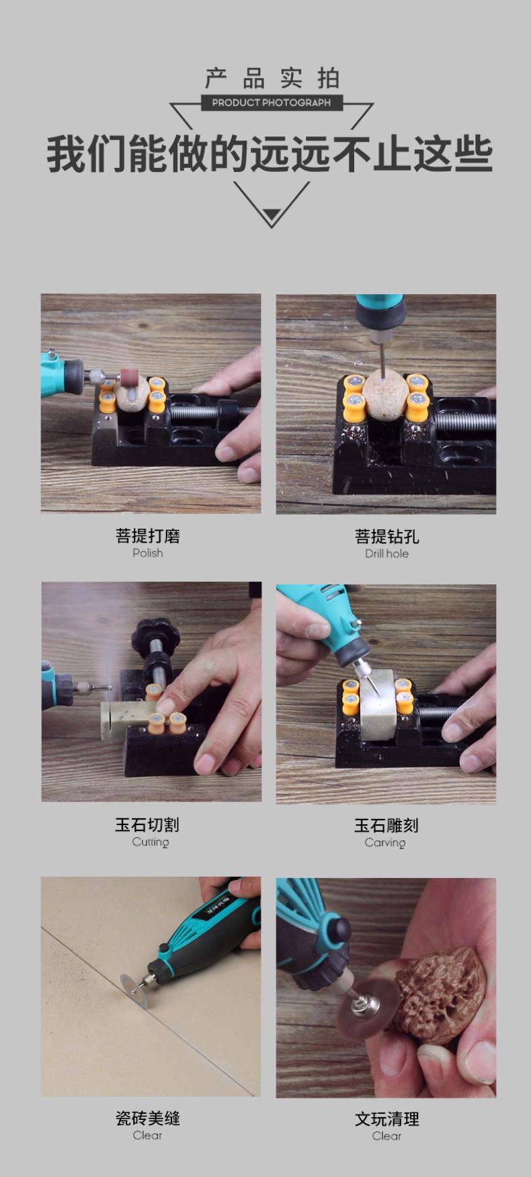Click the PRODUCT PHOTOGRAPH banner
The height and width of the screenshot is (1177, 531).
[x=272, y=103]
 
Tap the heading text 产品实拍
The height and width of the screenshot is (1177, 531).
[x=272, y=79]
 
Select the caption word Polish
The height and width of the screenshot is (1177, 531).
[x=148, y=553]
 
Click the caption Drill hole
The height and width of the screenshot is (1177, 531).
[x=386, y=554]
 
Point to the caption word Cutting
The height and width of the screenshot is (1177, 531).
[x=151, y=842]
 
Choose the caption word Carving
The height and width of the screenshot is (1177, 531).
[x=385, y=842]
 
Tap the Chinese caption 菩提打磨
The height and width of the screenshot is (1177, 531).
[x=148, y=535]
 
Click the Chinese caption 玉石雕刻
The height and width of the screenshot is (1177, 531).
[x=386, y=825]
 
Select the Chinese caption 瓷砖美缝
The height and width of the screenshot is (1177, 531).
[x=148, y=1118]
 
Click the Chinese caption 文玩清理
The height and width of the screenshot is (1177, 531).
[x=387, y=1119]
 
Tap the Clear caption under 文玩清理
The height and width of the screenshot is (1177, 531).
[x=386, y=1135]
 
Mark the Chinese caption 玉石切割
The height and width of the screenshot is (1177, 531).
[x=147, y=824]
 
